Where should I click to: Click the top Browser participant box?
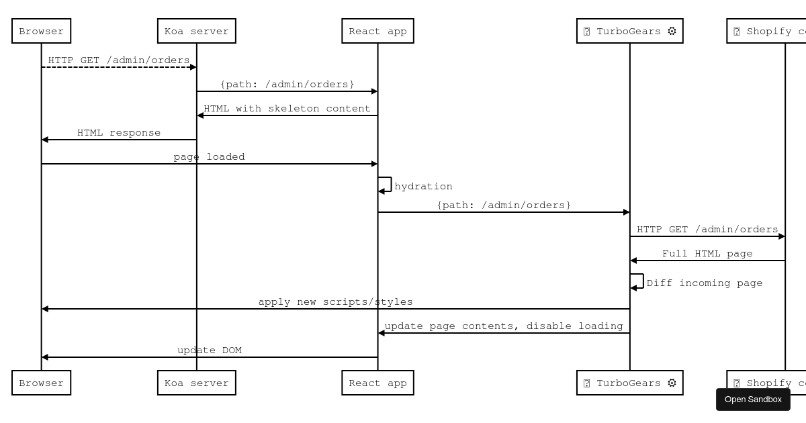tap(42, 31)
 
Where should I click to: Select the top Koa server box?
tap(197, 31)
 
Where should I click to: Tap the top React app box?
tap(377, 31)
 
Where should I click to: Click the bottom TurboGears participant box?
tap(629, 383)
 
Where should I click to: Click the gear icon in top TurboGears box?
tap(672, 31)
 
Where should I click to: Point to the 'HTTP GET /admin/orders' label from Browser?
tap(119, 60)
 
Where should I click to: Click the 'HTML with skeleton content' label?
tap(287, 109)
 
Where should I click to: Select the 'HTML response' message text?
tap(119, 133)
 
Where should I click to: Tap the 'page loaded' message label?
tap(209, 157)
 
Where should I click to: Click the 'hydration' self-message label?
tap(423, 187)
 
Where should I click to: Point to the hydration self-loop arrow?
tap(386, 185)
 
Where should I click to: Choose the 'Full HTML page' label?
tap(707, 254)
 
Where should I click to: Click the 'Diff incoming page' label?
tap(705, 283)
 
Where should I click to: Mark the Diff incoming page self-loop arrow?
tap(638, 281)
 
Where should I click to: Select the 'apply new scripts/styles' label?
tap(335, 302)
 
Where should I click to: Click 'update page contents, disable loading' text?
tap(504, 326)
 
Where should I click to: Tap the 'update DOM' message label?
tap(209, 350)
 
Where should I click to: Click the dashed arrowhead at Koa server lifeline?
tap(193, 67)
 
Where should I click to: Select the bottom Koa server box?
tap(197, 383)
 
